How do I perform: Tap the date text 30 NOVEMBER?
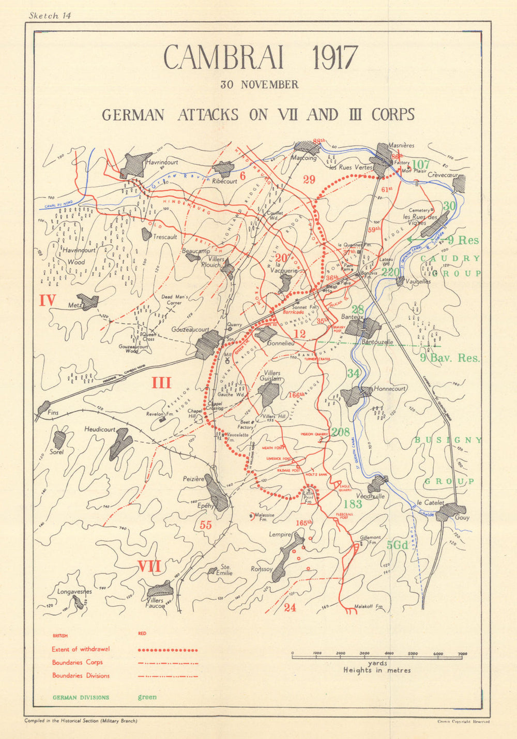click(259, 85)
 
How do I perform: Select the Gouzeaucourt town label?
click(190, 329)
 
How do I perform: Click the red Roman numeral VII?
click(149, 567)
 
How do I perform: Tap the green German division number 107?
click(421, 165)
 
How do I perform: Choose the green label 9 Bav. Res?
click(449, 358)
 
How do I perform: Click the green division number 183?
click(353, 504)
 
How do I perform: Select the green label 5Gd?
click(398, 545)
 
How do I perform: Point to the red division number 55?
click(206, 525)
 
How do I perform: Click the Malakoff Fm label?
click(368, 607)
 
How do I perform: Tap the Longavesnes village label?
click(74, 592)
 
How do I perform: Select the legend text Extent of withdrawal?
click(81, 650)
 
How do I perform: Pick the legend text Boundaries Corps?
click(77, 663)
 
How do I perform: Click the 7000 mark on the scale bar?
click(462, 654)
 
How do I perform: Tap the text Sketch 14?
click(50, 16)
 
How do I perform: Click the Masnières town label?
click(402, 146)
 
